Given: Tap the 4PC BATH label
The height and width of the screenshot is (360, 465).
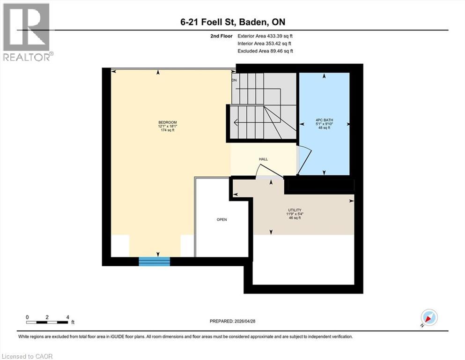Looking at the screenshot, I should (324, 120).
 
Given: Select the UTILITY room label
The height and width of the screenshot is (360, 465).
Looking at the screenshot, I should (295, 210).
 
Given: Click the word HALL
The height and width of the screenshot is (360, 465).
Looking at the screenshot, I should (263, 159).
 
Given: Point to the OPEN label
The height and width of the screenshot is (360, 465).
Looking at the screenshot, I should (221, 219).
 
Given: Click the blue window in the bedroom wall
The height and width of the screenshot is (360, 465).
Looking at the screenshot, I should (154, 261).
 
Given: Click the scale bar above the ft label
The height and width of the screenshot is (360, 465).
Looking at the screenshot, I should (47, 322).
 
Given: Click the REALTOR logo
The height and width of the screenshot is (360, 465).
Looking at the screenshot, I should (27, 32).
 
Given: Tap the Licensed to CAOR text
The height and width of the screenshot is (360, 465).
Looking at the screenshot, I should (28, 356).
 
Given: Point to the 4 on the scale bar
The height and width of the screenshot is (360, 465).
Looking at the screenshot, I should (68, 317).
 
